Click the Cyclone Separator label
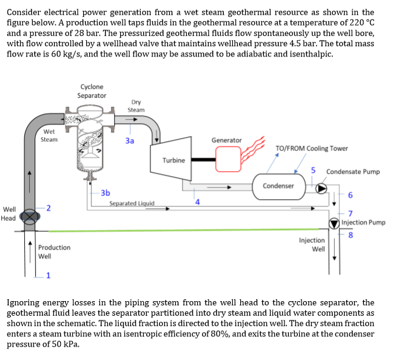(x=92, y=91)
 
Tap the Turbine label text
(x=173, y=160)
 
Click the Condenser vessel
(x=278, y=186)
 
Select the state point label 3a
(x=129, y=140)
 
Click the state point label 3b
(x=105, y=192)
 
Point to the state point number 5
(x=314, y=171)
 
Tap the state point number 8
(x=350, y=236)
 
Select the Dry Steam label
(x=136, y=106)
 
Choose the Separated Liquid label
(x=132, y=203)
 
